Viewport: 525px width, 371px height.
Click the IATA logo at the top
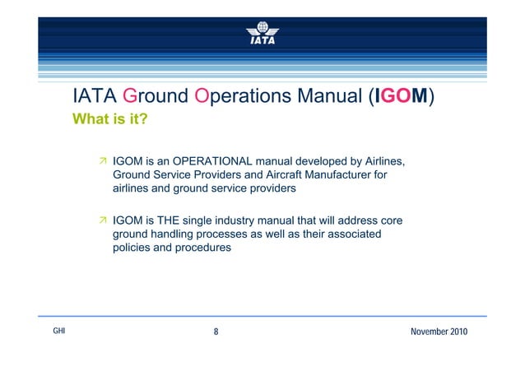[262, 31]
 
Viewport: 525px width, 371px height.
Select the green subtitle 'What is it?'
[110, 120]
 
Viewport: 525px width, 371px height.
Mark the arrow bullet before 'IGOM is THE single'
[103, 220]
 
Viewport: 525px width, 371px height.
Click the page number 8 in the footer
[216, 332]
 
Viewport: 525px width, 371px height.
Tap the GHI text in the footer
[58, 331]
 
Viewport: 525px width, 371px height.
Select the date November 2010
[438, 332]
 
